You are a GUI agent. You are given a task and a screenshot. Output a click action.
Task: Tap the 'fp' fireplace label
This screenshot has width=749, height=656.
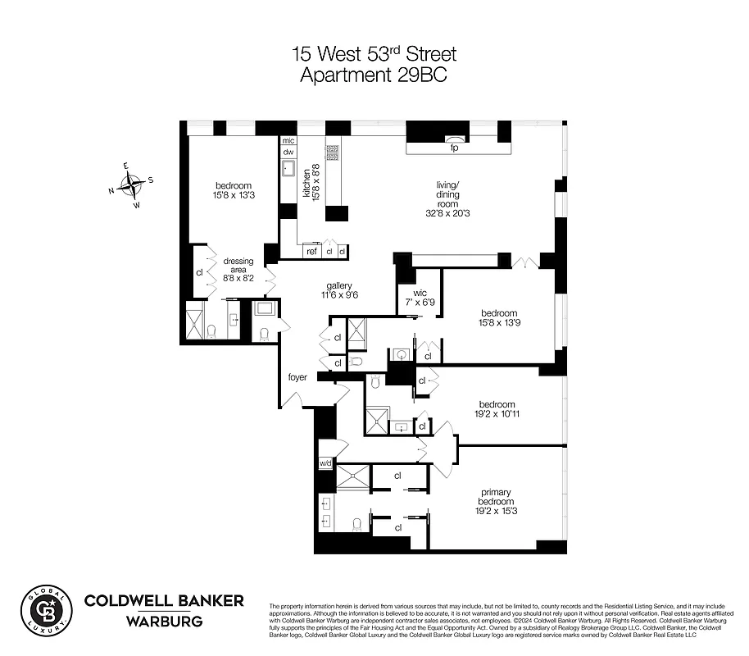pyautogui.click(x=453, y=148)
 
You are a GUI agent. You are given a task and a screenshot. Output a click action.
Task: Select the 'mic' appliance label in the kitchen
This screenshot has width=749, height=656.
pyautogui.click(x=288, y=140)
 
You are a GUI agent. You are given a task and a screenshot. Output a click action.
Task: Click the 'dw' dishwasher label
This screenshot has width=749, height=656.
pyautogui.click(x=288, y=153)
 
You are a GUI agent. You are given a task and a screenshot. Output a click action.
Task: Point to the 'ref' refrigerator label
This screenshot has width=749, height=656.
pyautogui.click(x=311, y=252)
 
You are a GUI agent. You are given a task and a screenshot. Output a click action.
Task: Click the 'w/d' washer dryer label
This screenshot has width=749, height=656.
pyautogui.click(x=325, y=464)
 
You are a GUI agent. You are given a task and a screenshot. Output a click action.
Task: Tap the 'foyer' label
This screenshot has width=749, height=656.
pyautogui.click(x=297, y=377)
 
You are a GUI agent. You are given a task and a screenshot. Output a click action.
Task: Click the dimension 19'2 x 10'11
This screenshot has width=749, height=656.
pyautogui.click(x=497, y=416)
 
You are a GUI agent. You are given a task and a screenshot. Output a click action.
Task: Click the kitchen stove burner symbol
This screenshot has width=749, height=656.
pyautogui.click(x=334, y=153)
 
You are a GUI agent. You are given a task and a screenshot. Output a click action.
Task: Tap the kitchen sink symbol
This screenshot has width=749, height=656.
pyautogui.click(x=289, y=170)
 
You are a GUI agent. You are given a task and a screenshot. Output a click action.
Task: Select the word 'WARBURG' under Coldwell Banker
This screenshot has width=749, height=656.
pyautogui.click(x=164, y=621)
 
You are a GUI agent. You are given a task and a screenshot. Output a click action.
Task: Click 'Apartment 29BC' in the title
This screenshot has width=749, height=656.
pyautogui.click(x=374, y=75)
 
